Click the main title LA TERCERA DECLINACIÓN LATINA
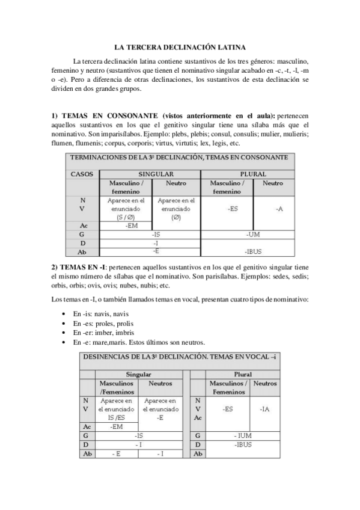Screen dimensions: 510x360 click(x=179, y=46)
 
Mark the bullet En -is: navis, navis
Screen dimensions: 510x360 click(x=100, y=314)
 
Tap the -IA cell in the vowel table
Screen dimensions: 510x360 click(x=264, y=409)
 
